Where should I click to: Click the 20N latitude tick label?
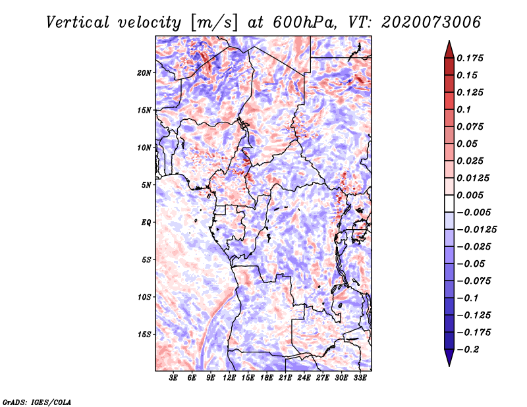[144, 73]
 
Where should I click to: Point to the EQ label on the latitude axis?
[146, 223]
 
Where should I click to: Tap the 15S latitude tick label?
[144, 335]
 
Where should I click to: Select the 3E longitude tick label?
[173, 378]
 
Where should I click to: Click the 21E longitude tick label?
[285, 378]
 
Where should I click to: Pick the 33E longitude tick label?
[360, 378]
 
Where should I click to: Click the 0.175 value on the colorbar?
[470, 58]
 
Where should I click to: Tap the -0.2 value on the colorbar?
[468, 350]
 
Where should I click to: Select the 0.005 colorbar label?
[470, 195]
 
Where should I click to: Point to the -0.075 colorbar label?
[474, 281]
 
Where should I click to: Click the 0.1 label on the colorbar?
[464, 109]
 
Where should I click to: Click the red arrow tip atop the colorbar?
[449, 41]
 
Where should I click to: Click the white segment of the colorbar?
[449, 203]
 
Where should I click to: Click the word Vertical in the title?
[78, 22]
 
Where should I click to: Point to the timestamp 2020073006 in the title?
[431, 22]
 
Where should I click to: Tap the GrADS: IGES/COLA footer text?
[36, 402]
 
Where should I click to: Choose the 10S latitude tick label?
[144, 298]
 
